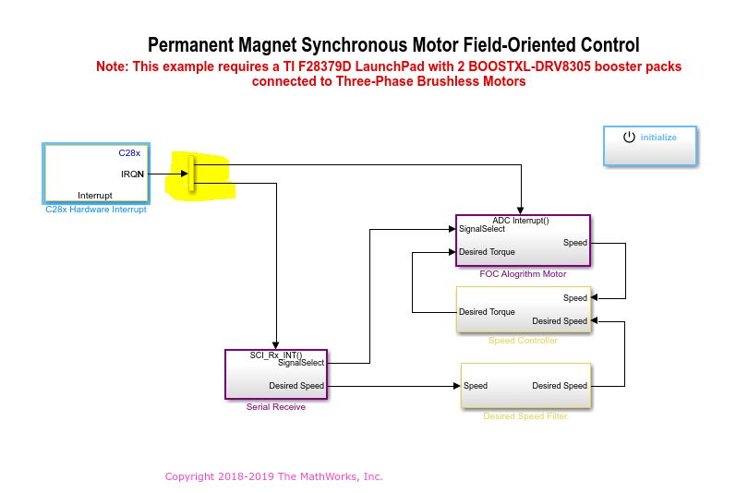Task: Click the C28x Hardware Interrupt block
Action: (96, 173)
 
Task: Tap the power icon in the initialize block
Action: (629, 137)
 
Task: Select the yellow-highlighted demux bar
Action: (192, 174)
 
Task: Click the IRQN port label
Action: (132, 174)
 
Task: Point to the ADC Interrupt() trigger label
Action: (521, 221)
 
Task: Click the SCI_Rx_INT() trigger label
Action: (276, 355)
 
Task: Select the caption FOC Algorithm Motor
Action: (523, 273)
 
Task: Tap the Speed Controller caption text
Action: (523, 341)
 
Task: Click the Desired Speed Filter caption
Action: (525, 416)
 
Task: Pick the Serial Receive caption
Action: (276, 407)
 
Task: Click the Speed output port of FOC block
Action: (574, 243)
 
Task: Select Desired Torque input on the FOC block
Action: (487, 252)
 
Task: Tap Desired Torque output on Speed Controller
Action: (487, 312)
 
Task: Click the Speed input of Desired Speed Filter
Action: (476, 386)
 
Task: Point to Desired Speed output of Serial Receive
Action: (296, 386)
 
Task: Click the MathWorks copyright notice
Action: (274, 476)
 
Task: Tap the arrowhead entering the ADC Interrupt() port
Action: (521, 210)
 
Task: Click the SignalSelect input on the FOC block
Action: (482, 229)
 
